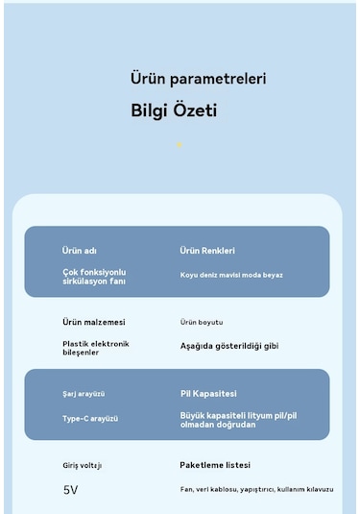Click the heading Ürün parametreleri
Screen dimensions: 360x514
pyautogui.click(x=198, y=79)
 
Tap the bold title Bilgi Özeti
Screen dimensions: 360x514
pyautogui.click(x=174, y=111)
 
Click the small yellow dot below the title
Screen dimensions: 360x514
pyautogui.click(x=179, y=145)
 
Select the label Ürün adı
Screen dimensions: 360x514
pyautogui.click(x=80, y=251)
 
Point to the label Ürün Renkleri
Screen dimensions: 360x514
pyautogui.click(x=207, y=251)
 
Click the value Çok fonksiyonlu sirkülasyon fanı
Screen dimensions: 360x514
pyautogui.click(x=94, y=277)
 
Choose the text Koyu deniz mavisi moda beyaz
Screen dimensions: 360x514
pyautogui.click(x=231, y=275)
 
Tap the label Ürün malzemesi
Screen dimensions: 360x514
pyautogui.click(x=94, y=322)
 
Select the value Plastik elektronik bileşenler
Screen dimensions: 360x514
pyautogui.click(x=96, y=348)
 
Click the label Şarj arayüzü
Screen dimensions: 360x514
pyautogui.click(x=84, y=394)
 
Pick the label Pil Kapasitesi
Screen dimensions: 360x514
pyautogui.click(x=208, y=393)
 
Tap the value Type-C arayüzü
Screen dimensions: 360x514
pyautogui.click(x=90, y=419)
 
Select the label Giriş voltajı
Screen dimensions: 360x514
pyautogui.click(x=82, y=465)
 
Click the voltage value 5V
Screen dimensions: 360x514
pyautogui.click(x=70, y=490)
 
